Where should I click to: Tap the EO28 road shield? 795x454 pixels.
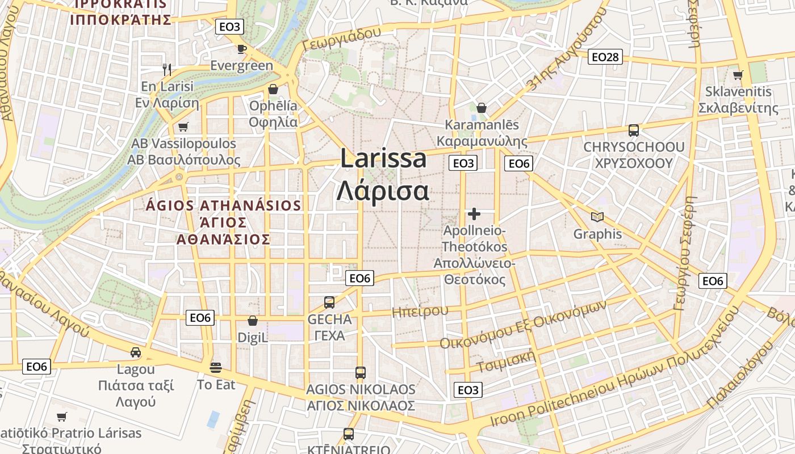pyautogui.click(x=605, y=57)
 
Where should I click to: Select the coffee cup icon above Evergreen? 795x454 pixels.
pyautogui.click(x=241, y=49)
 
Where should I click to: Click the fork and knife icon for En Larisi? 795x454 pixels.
pyautogui.click(x=167, y=70)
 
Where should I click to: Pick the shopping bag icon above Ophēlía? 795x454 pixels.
pyautogui.click(x=273, y=90)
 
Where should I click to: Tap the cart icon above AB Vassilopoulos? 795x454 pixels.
pyautogui.click(x=183, y=127)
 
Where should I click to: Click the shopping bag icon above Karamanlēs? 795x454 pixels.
pyautogui.click(x=482, y=108)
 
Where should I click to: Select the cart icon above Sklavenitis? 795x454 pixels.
pyautogui.click(x=738, y=75)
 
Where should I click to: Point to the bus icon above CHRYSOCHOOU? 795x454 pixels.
pyautogui.click(x=634, y=131)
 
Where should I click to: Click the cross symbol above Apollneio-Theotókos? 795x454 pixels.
pyautogui.click(x=474, y=214)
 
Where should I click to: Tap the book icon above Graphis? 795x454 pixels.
pyautogui.click(x=597, y=217)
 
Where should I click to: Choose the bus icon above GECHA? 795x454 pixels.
pyautogui.click(x=329, y=302)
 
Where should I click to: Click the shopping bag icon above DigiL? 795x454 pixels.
pyautogui.click(x=253, y=321)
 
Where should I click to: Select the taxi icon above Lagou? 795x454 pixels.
pyautogui.click(x=136, y=352)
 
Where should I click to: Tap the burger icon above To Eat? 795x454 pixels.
pyautogui.click(x=216, y=368)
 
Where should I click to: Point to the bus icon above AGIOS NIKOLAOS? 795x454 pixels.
pyautogui.click(x=361, y=373)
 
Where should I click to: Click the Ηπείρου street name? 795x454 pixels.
pyautogui.click(x=420, y=311)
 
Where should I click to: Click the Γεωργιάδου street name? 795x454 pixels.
pyautogui.click(x=342, y=39)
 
